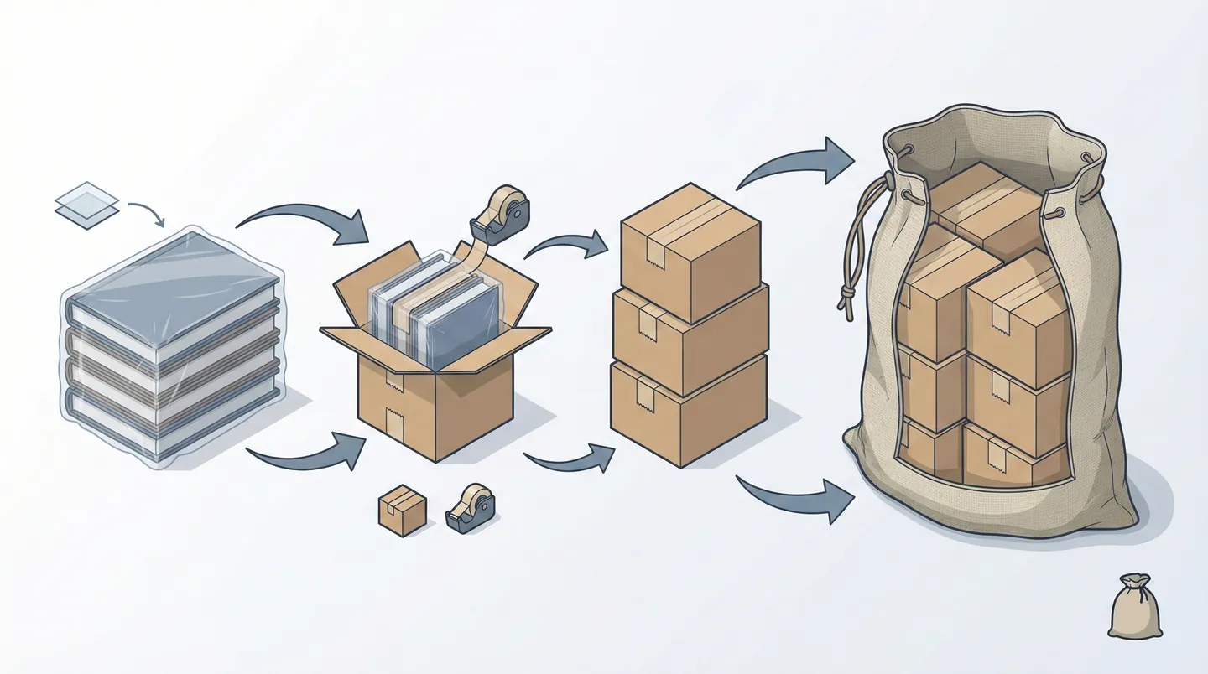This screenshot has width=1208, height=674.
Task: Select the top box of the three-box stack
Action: click(690, 251)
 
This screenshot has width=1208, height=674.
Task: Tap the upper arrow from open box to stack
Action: click(567, 244)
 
